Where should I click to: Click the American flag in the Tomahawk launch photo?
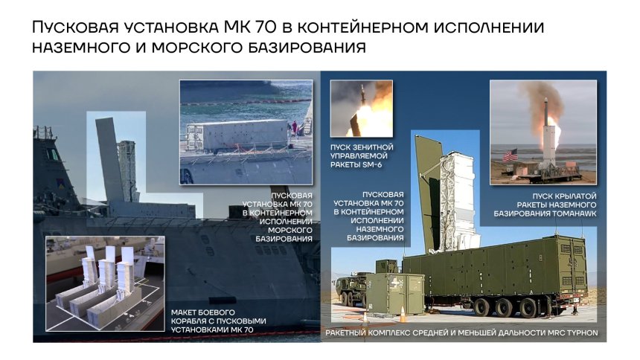(509, 156)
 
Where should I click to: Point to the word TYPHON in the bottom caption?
(578, 332)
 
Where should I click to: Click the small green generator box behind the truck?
(400, 289)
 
